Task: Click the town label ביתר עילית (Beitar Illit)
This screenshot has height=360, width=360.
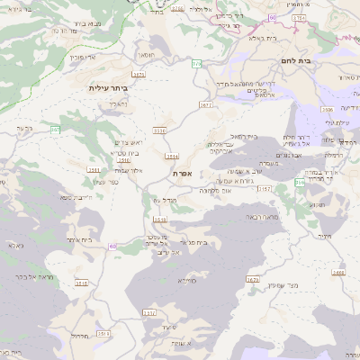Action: [x=109, y=88]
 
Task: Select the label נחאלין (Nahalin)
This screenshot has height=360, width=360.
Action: [x=119, y=103]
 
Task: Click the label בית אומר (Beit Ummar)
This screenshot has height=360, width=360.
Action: [x=79, y=240]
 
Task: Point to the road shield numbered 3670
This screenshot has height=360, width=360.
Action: [x=252, y=280]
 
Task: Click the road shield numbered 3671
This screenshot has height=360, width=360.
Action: [x=206, y=105]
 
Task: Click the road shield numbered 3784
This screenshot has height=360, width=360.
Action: [x=299, y=17]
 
